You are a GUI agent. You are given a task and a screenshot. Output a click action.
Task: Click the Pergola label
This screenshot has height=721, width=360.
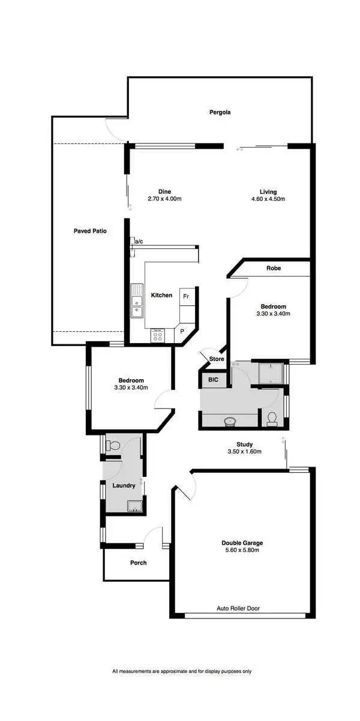pos(220,112)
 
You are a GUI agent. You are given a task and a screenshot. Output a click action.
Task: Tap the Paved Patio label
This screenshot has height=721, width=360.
pos(90,230)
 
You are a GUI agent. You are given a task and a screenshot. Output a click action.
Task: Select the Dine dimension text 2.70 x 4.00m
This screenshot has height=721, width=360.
pos(164,199)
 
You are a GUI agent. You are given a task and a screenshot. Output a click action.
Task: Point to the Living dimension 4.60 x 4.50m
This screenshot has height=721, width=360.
pos(264,199)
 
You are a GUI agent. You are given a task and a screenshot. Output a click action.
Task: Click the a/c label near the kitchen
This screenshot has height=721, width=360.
pos(139,241)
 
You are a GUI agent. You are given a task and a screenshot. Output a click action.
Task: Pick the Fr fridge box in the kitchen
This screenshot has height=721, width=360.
pos(186,296)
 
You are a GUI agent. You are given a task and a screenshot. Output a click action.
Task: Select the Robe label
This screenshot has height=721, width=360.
pos(274,268)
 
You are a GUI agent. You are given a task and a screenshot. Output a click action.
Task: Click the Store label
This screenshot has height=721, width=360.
pos(217,359)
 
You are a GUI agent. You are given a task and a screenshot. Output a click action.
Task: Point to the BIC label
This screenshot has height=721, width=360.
pos(213,379)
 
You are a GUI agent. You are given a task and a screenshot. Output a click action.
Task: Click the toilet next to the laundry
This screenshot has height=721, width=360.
pos(113,446)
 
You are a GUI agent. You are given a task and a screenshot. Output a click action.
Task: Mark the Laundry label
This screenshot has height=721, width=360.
pos(124,485)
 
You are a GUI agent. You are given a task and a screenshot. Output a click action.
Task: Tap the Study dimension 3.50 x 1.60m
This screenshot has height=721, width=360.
pos(245,452)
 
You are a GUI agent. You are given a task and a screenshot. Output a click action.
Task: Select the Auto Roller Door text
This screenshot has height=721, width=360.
pos(238,608)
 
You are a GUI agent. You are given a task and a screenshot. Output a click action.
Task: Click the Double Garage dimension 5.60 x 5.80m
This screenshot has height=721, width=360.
pos(242,550)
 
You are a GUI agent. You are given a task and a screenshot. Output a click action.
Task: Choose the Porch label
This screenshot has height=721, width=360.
pos(139,563)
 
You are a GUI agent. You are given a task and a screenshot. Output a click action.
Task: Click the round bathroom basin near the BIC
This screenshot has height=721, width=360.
pos(229,420)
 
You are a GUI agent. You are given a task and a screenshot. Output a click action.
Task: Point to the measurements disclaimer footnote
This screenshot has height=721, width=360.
pos(182,671)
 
